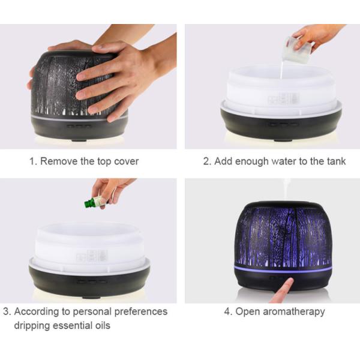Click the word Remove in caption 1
[59, 161]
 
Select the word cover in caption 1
[126, 161]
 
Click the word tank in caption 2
[337, 161]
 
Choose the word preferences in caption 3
[140, 312]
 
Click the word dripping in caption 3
[31, 326]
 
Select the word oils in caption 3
[103, 325]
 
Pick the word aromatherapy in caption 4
[294, 312]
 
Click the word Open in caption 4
[248, 312]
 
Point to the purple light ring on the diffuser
[283, 269]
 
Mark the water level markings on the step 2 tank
[284, 99]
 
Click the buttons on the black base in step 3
[92, 281]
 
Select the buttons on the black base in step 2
[283, 125]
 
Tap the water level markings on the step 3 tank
[92, 256]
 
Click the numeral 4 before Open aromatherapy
[227, 312]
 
